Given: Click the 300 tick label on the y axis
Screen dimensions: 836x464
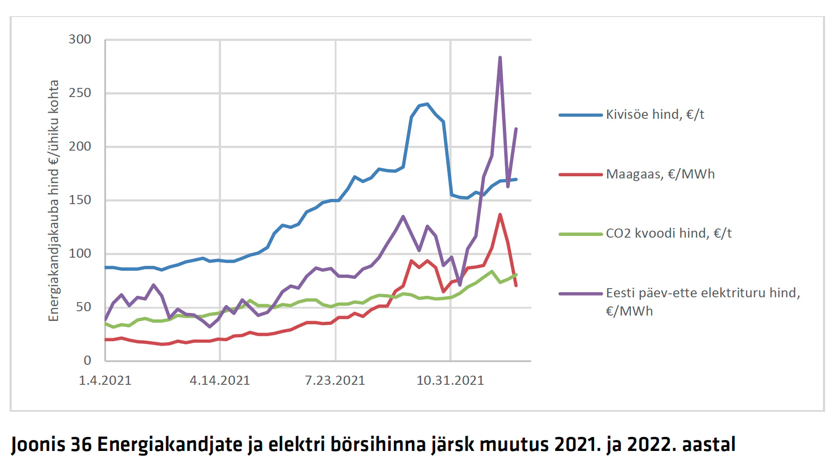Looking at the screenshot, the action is click(x=80, y=40).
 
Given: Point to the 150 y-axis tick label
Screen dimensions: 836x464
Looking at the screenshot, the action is click(x=80, y=200).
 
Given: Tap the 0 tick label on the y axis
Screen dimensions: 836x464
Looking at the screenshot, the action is click(x=87, y=360).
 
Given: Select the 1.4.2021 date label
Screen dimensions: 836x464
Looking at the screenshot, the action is click(x=105, y=380).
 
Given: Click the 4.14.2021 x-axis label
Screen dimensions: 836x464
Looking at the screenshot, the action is click(x=220, y=380).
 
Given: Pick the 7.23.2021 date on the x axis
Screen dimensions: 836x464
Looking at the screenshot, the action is click(x=335, y=380).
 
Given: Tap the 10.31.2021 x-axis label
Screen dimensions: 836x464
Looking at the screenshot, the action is click(x=450, y=380).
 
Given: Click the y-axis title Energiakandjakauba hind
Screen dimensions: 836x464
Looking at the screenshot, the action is click(x=53, y=201).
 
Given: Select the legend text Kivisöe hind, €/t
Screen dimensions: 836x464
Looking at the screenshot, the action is click(x=655, y=115).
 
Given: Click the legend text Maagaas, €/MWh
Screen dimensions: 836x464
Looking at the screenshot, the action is click(x=660, y=174).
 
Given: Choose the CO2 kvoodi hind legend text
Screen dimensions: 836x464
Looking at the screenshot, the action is click(x=669, y=234).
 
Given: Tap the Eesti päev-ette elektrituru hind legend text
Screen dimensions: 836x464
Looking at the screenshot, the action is click(x=703, y=302).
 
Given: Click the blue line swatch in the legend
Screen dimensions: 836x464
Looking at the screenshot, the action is click(x=581, y=115).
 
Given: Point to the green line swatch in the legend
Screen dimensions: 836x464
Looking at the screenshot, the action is click(x=581, y=234).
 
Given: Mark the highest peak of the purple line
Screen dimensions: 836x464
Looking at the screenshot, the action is click(x=500, y=57).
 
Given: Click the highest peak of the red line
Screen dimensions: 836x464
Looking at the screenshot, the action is click(x=500, y=215).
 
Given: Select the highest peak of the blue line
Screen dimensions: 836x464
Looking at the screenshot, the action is click(x=427, y=104).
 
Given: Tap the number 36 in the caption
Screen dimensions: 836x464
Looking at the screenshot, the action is click(x=82, y=444).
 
